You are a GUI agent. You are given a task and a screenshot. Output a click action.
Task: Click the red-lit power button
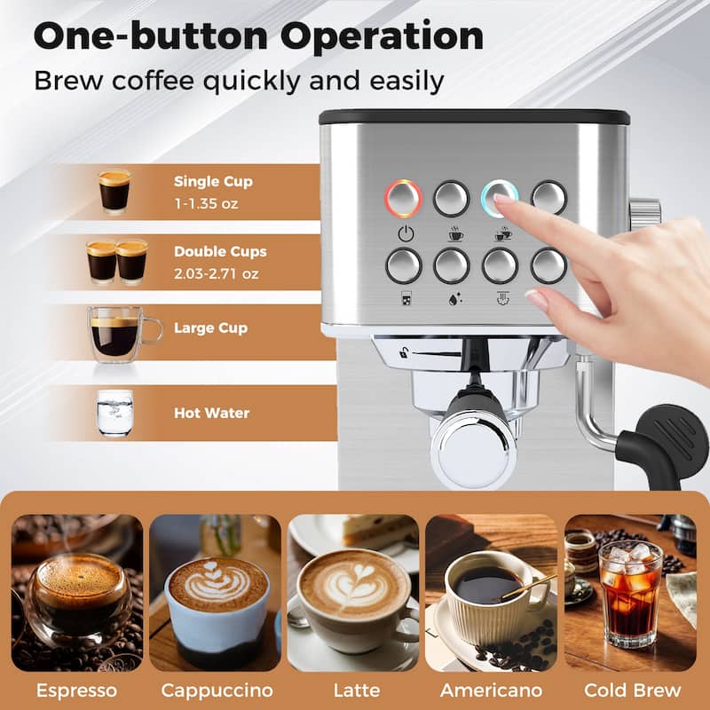coord(403,198)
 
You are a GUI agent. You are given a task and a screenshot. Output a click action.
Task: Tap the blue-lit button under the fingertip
coord(498,197)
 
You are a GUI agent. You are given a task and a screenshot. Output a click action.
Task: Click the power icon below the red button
coord(405,235)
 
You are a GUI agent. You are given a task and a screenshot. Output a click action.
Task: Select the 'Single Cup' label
coord(213,182)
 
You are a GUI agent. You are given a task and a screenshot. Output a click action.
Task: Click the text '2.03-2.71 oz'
coord(217,273)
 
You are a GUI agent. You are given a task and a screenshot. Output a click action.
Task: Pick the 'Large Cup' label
coord(210,328)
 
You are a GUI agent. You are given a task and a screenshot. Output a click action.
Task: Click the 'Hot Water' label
coord(211,413)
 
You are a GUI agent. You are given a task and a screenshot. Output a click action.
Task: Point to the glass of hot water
coord(114,413)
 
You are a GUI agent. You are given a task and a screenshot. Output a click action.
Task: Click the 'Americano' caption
coord(493,690)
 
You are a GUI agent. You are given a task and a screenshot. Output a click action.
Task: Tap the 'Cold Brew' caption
coord(632,690)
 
